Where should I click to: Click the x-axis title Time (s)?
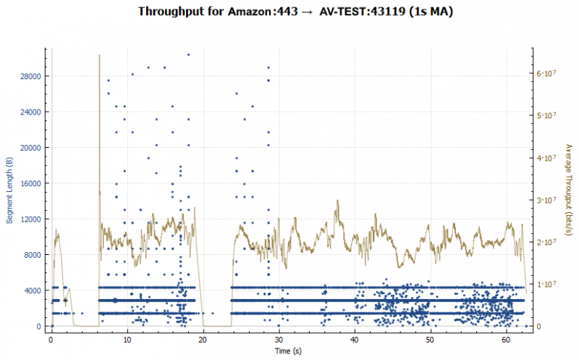point(288,351)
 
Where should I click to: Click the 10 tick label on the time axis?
point(127,339)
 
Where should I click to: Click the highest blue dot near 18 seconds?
point(188,54)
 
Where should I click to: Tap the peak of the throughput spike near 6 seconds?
point(99,55)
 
